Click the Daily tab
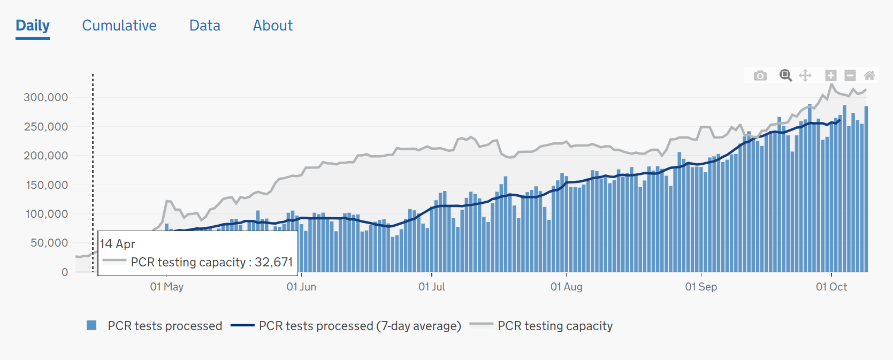[x=33, y=26]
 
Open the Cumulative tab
[x=119, y=26]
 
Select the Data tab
[x=205, y=26]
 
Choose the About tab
[x=273, y=26]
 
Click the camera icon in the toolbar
[x=760, y=75]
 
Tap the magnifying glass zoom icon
[x=785, y=75]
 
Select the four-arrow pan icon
[x=805, y=75]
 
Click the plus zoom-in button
[x=830, y=75]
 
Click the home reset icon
[x=869, y=75]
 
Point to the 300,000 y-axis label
[x=46, y=97]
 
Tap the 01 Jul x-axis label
[x=432, y=287]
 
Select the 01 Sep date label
[x=701, y=287]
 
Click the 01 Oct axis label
[x=831, y=287]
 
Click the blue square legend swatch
[x=91, y=325]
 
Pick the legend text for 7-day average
[x=360, y=326]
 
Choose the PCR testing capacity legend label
[x=555, y=326]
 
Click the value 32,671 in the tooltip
[x=274, y=262]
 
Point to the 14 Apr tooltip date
[x=118, y=244]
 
